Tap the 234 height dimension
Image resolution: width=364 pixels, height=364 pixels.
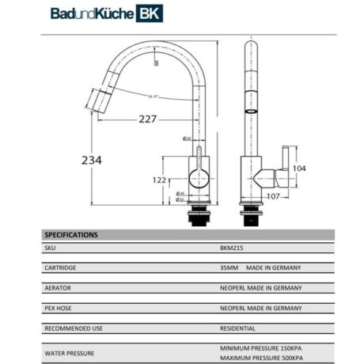tap(92, 159)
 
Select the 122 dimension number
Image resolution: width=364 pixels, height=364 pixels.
tap(158, 180)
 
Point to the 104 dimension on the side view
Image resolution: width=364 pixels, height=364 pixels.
tap(298, 169)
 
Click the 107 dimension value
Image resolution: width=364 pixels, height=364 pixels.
tap(273, 196)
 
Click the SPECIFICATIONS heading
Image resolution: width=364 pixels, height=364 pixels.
tap(71, 235)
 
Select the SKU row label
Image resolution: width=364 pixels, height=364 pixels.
tap(51, 248)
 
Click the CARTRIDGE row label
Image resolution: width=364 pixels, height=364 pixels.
tap(60, 268)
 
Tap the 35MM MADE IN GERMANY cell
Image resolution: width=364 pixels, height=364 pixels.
tap(260, 268)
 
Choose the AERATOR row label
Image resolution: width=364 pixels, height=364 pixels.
tap(59, 288)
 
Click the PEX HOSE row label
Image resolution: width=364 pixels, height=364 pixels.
tap(59, 308)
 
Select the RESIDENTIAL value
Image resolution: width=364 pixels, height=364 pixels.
tap(237, 328)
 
